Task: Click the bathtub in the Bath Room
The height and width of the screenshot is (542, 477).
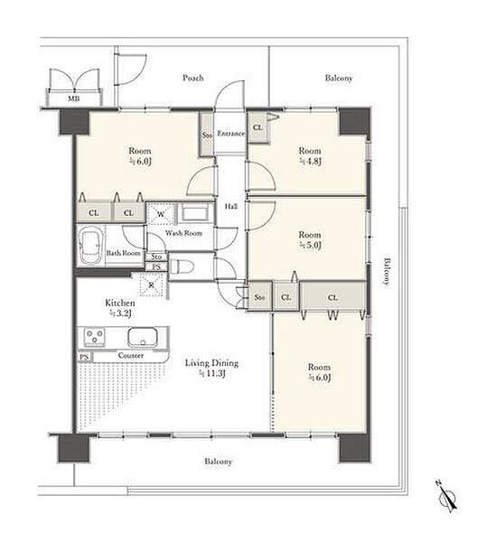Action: click(x=91, y=246)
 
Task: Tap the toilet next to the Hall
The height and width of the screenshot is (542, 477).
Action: click(x=181, y=266)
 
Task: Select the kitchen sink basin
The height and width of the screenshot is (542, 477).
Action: click(x=143, y=337)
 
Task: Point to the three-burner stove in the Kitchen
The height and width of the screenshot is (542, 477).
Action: click(x=94, y=337)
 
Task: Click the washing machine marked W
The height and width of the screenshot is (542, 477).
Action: click(x=161, y=213)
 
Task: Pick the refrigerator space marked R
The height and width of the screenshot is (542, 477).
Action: click(x=152, y=285)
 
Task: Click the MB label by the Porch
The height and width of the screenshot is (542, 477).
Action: click(x=73, y=98)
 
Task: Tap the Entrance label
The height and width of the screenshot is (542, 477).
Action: click(x=231, y=134)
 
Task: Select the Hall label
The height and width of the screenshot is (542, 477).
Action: click(x=231, y=207)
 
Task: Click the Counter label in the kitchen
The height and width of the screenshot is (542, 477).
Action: click(x=131, y=355)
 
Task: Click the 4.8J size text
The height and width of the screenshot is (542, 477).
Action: click(x=310, y=162)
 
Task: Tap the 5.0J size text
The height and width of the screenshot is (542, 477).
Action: click(x=310, y=246)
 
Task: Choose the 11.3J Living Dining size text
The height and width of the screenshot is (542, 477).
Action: click(x=212, y=374)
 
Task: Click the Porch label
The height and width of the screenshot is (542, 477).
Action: click(x=192, y=78)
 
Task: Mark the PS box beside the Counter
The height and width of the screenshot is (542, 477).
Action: click(x=84, y=357)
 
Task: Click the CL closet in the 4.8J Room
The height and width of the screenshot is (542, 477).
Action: click(x=257, y=127)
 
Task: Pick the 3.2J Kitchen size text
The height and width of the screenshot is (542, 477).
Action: click(x=120, y=313)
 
